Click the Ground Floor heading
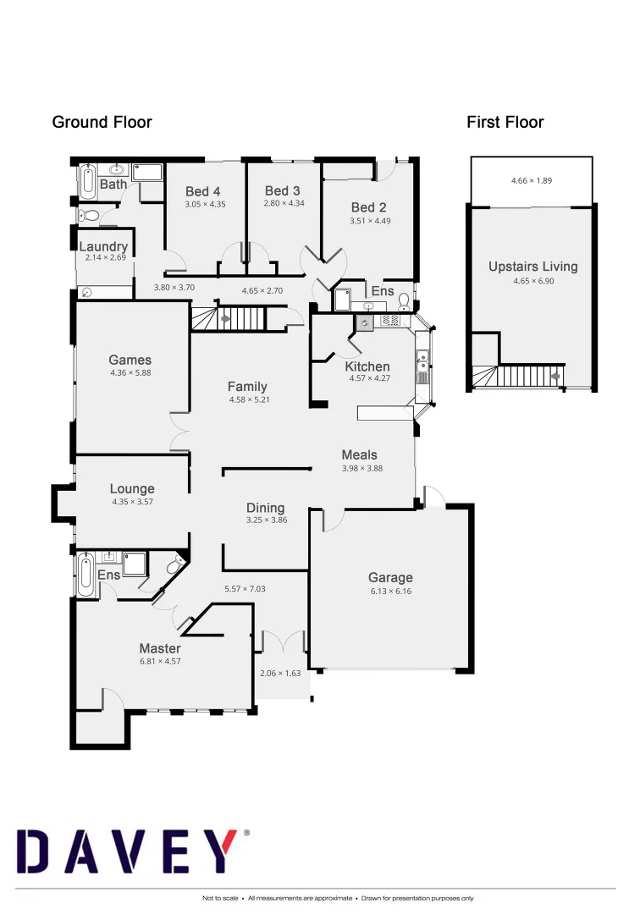pyautogui.click(x=102, y=122)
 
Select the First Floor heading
pyautogui.click(x=505, y=122)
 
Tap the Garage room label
pyautogui.click(x=390, y=578)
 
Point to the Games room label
pyautogui.click(x=130, y=360)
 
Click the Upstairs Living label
pyautogui.click(x=532, y=267)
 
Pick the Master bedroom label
pyautogui.click(x=160, y=648)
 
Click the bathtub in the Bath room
pyautogui.click(x=87, y=180)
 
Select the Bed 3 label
pyautogui.click(x=282, y=191)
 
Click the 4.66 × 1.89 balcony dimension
pyautogui.click(x=532, y=180)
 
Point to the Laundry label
pyautogui.click(x=103, y=246)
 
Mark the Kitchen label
pyautogui.click(x=367, y=366)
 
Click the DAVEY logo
pyautogui.click(x=131, y=851)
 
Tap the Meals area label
pyautogui.click(x=359, y=454)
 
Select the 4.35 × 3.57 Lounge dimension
pyautogui.click(x=132, y=501)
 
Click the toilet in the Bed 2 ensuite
pyautogui.click(x=405, y=300)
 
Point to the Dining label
pyautogui.click(x=265, y=508)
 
